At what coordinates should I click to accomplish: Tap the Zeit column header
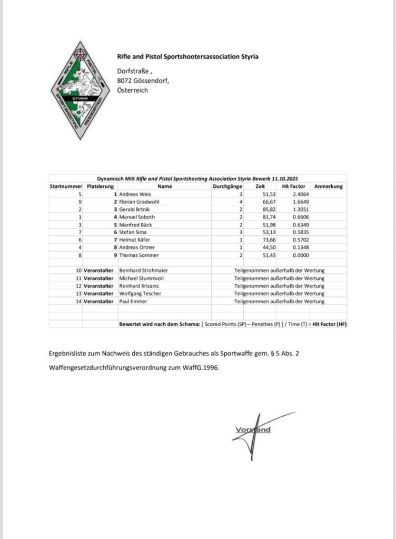click(x=260, y=186)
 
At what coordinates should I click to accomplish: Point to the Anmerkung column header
click(x=328, y=186)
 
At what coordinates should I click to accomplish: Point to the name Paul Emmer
click(x=132, y=301)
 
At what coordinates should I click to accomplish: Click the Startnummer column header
click(x=65, y=186)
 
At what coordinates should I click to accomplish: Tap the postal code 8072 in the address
click(x=125, y=81)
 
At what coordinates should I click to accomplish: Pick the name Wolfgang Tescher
click(x=140, y=293)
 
